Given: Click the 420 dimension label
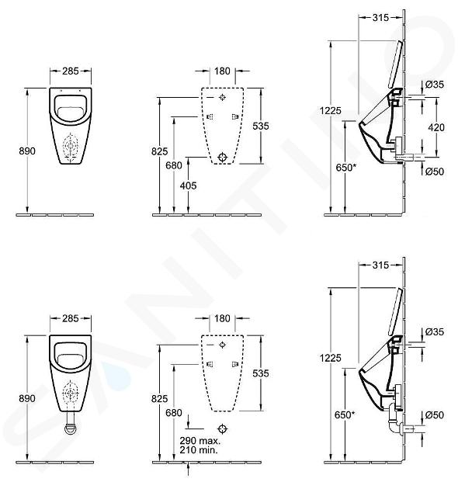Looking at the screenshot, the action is click(435, 127).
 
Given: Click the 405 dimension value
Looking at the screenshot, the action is click(188, 186).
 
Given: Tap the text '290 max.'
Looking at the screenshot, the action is click(200, 440).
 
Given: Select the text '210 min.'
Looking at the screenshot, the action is click(199, 449).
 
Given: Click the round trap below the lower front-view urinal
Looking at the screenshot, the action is click(71, 428).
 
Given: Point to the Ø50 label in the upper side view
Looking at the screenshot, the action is click(434, 172).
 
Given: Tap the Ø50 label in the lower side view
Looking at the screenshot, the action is click(434, 414).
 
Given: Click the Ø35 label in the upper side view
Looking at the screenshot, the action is click(434, 84).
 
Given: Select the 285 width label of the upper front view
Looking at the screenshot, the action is click(71, 71).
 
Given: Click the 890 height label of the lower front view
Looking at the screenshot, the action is click(27, 398).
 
